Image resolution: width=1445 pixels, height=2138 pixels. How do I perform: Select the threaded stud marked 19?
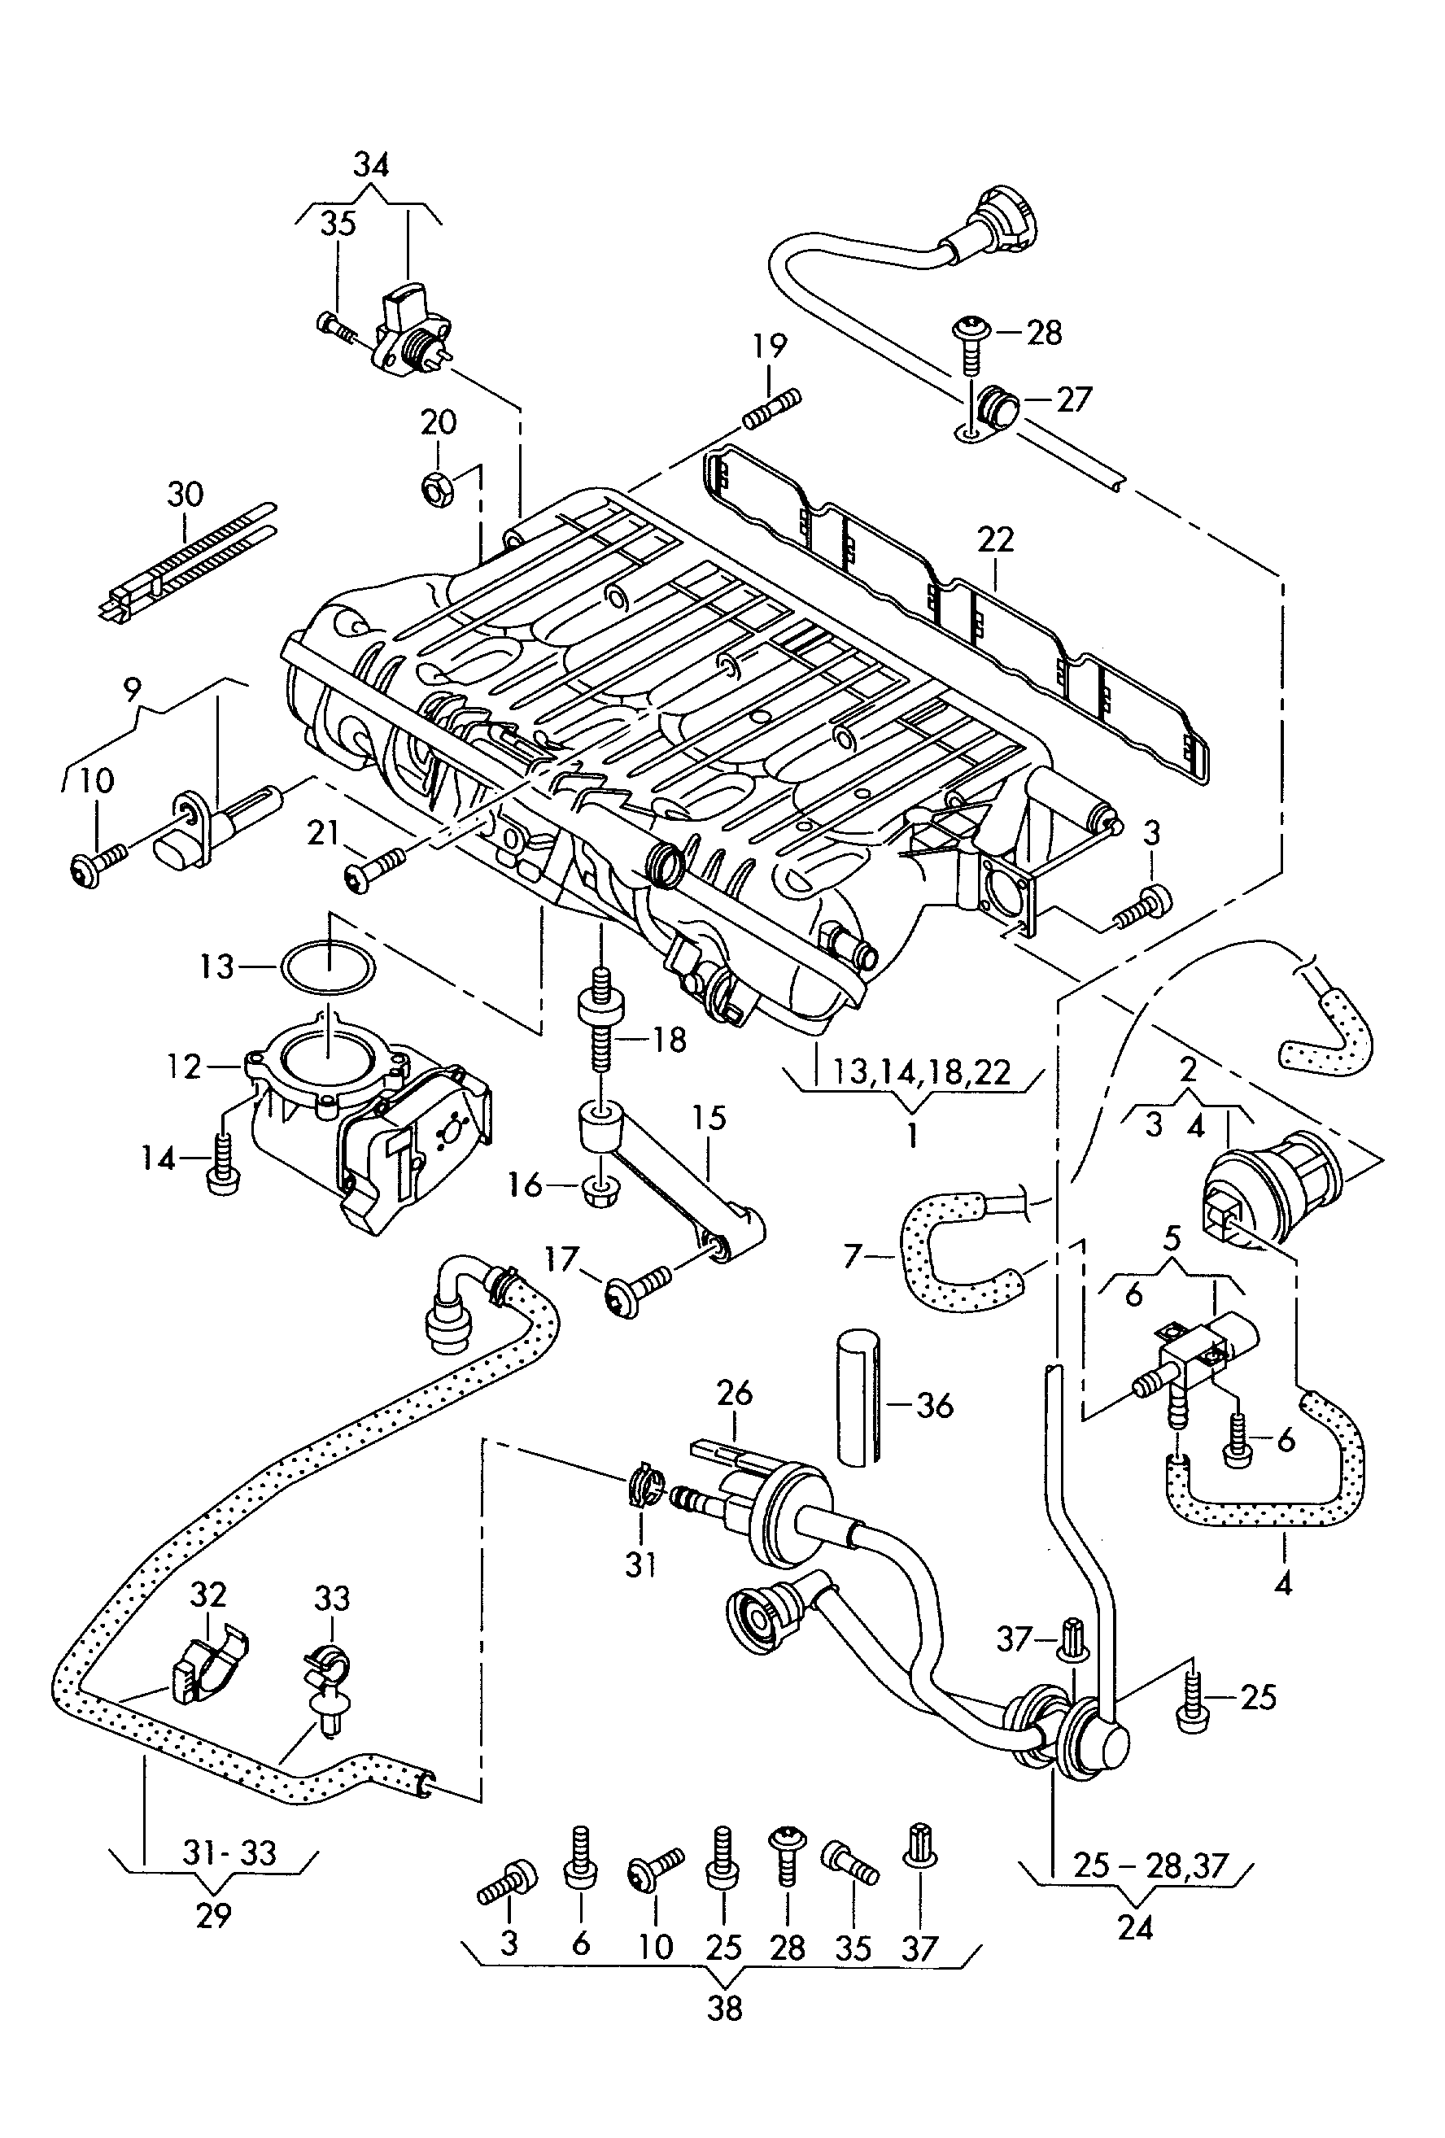[x=771, y=408]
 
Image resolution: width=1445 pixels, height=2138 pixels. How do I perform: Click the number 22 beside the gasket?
[x=995, y=539]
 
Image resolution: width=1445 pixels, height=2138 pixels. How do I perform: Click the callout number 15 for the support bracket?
[x=709, y=1118]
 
